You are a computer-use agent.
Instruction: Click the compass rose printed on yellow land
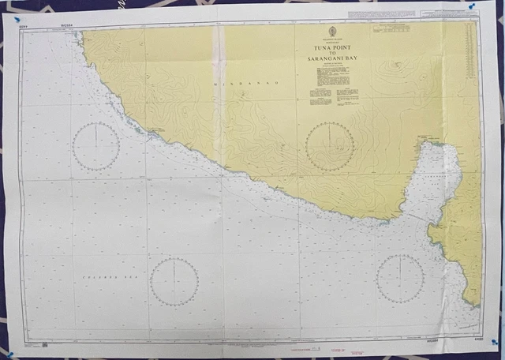pos(330,147)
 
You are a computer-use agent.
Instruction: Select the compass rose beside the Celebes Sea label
pos(174,282)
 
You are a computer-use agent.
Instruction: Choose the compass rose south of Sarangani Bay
pos(400,278)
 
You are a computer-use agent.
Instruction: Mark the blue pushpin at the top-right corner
pos(472,6)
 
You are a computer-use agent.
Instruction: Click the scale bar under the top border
pos(392,28)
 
